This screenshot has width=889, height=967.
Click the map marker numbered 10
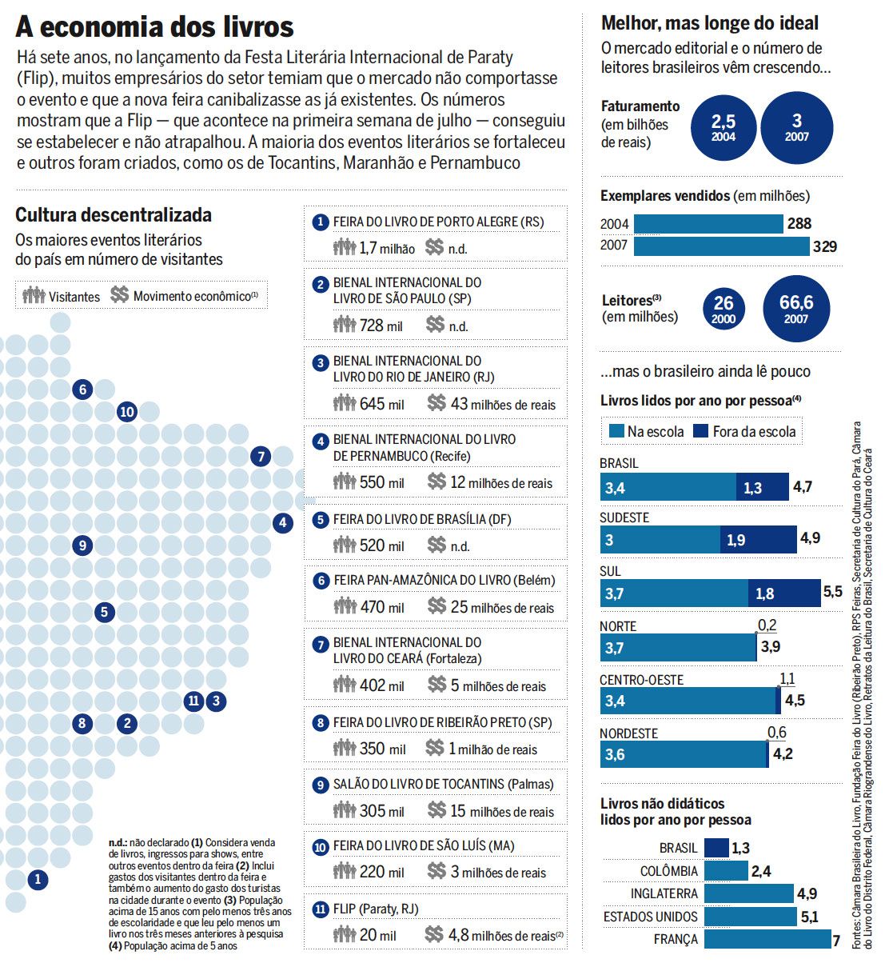pos(127,412)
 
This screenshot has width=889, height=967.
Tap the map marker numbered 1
pos(38,880)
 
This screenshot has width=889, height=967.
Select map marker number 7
pos(261,457)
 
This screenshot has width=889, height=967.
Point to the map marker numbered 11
pos(193,701)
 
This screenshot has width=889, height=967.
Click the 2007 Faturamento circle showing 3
pos(796,128)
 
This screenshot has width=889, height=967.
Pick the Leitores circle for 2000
pos(724,309)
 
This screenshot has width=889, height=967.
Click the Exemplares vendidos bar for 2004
pos(708,224)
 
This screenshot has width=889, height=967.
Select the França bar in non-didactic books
pos(767,939)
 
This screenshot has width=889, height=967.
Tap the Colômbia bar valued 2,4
pos(726,871)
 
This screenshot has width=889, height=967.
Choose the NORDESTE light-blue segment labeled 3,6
pos(683,754)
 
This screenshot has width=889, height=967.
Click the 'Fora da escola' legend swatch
pos(701,431)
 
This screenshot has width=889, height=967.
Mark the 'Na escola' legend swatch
pos(616,431)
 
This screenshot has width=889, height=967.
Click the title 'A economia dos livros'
pos(155,26)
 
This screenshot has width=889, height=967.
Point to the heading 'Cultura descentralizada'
pos(114,215)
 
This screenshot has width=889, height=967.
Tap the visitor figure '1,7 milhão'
pos(387,248)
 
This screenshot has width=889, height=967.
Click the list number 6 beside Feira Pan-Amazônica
pos(321,581)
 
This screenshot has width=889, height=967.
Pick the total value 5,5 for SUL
pos(832,592)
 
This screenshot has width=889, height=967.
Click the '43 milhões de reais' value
pos(503,404)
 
